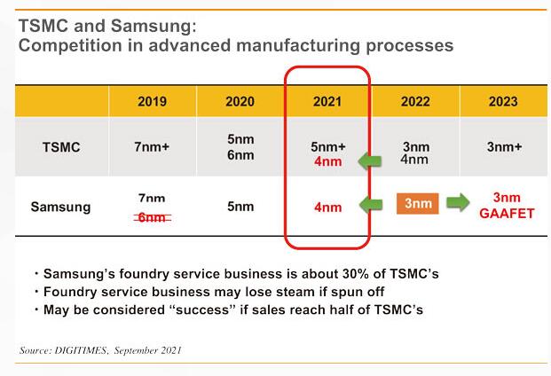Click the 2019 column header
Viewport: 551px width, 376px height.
[152, 101]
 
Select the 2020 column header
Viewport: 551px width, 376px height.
[240, 101]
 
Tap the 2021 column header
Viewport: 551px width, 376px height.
[327, 101]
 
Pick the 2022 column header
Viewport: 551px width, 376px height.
[415, 101]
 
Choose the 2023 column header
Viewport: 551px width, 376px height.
[503, 101]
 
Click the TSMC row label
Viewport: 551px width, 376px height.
[61, 146]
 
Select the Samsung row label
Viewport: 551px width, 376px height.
[61, 207]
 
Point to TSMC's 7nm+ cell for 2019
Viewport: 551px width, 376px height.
[152, 146]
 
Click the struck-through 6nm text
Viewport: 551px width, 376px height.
[152, 217]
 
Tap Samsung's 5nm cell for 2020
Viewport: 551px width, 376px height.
[240, 206]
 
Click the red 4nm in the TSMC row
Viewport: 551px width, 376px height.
[328, 161]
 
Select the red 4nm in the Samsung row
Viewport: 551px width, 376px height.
[328, 208]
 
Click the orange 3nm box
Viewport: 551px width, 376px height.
[418, 203]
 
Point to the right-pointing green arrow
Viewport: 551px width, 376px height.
[458, 202]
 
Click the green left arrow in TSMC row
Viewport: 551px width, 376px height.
[370, 161]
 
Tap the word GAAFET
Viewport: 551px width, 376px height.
[507, 214]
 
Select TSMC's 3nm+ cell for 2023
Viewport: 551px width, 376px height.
[504, 146]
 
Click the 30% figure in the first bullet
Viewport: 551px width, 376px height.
[356, 274]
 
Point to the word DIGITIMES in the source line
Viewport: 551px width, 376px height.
[81, 350]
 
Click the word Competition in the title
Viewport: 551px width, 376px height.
[71, 46]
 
